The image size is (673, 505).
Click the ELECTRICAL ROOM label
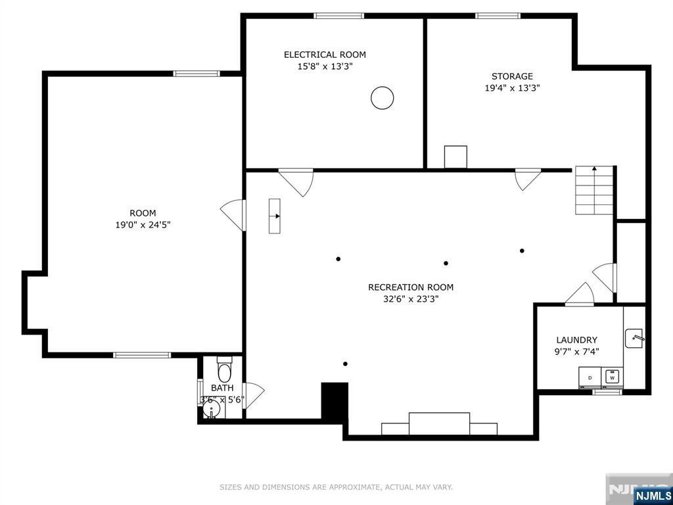pos(325,55)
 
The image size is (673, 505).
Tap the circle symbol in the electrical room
pos(383,98)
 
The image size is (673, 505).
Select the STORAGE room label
pos(512,76)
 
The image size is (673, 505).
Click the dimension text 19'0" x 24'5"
pos(143,224)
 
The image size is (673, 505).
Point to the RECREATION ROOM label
pos(411,287)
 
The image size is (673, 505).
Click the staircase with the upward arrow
pos(594,191)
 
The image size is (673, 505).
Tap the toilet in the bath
pos(224,371)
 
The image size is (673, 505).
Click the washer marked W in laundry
pos(613,377)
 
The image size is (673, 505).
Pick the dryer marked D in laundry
pos(590,377)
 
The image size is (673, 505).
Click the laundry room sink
pos(634,338)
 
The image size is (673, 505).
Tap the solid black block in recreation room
pos(334,400)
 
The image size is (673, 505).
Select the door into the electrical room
pos(296,181)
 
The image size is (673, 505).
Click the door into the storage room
pos(527,179)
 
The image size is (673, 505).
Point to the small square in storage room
pos(455,157)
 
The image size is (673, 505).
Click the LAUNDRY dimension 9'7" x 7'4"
pos(577,352)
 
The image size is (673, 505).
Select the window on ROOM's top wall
pos(197,74)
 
